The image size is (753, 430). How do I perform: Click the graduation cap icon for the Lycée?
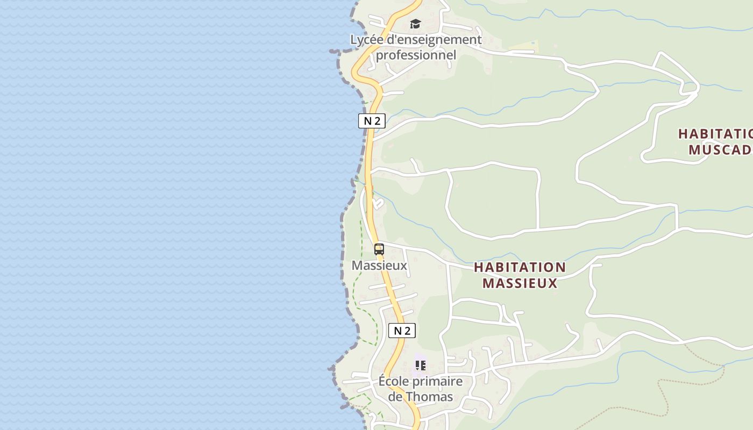point(415,24)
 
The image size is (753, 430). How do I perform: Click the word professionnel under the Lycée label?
point(416,55)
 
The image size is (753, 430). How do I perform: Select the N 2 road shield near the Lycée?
point(372,121)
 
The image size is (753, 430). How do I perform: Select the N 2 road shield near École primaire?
point(402,331)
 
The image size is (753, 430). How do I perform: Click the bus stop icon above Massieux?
point(379,249)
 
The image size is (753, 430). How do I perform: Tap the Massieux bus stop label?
point(379,266)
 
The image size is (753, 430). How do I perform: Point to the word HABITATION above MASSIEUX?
point(520,267)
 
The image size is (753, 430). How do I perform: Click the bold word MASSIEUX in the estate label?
point(520,283)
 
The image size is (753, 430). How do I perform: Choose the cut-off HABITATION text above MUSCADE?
point(715,133)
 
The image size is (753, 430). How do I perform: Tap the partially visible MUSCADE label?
point(720,149)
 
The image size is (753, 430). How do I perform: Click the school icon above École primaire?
point(421,365)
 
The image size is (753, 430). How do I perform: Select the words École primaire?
point(420,382)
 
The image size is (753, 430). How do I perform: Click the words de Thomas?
point(420,397)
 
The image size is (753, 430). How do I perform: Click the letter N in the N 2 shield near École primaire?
point(397,331)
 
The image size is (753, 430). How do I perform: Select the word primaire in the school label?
point(437,382)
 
